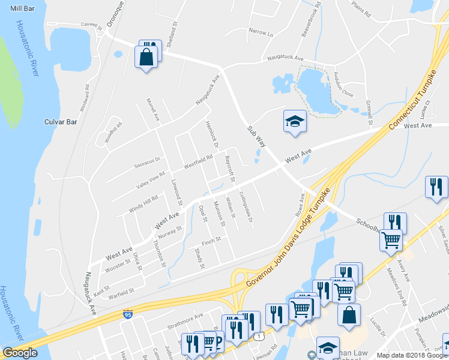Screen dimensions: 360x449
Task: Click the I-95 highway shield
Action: [x=127, y=314]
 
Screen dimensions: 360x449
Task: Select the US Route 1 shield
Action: [x=258, y=338]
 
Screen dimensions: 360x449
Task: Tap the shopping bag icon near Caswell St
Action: [x=146, y=58]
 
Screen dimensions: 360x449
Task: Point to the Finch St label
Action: [x=211, y=241]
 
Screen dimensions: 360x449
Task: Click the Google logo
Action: [x=20, y=353]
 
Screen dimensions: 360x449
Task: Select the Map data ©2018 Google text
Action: [x=412, y=355]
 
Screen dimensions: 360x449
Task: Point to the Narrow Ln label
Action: [x=261, y=34]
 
